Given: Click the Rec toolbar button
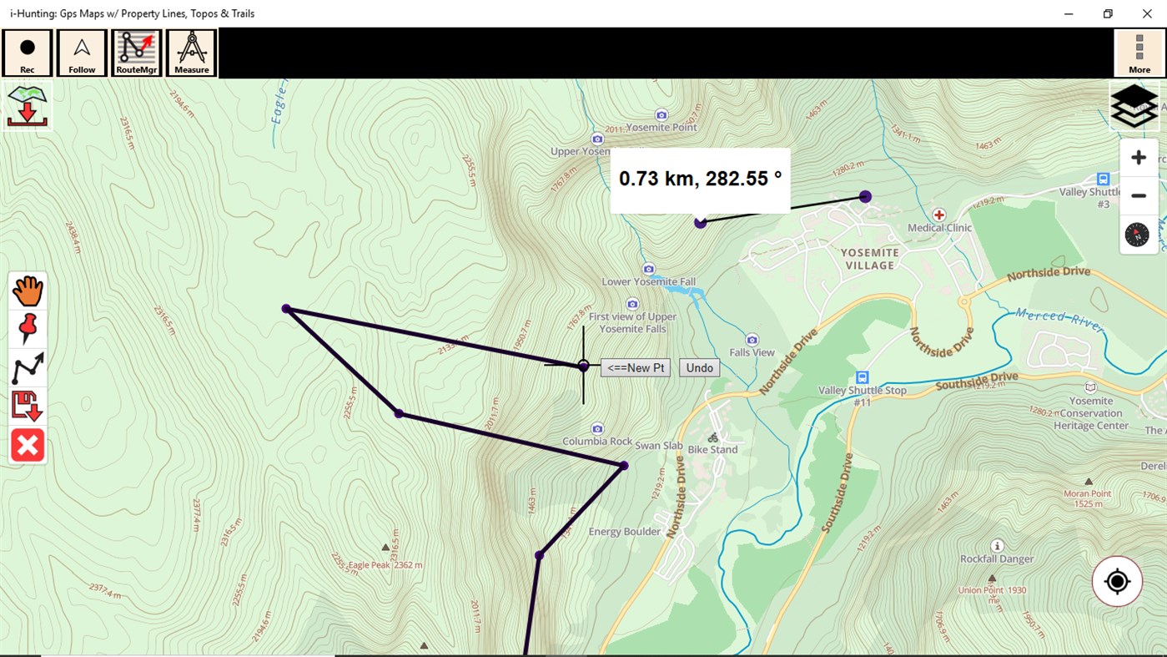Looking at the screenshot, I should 28,53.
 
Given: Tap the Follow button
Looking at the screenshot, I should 82,53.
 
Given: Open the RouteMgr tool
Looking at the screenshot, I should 136,53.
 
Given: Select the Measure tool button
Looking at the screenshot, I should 191,53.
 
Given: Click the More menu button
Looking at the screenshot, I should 1139,53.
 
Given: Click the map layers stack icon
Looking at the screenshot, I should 1134,106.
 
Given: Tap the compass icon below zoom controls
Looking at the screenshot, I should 1137,235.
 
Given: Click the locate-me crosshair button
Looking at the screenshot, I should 1117,581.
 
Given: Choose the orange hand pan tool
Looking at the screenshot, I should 28,291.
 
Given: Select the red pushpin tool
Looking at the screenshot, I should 28,329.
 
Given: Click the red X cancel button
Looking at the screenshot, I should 28,446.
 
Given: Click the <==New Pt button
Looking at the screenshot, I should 636,368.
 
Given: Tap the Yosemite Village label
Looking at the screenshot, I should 869,259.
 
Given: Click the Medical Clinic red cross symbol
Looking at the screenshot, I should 939,215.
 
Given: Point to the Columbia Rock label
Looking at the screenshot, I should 597,442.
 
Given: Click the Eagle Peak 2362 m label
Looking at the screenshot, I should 385,565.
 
